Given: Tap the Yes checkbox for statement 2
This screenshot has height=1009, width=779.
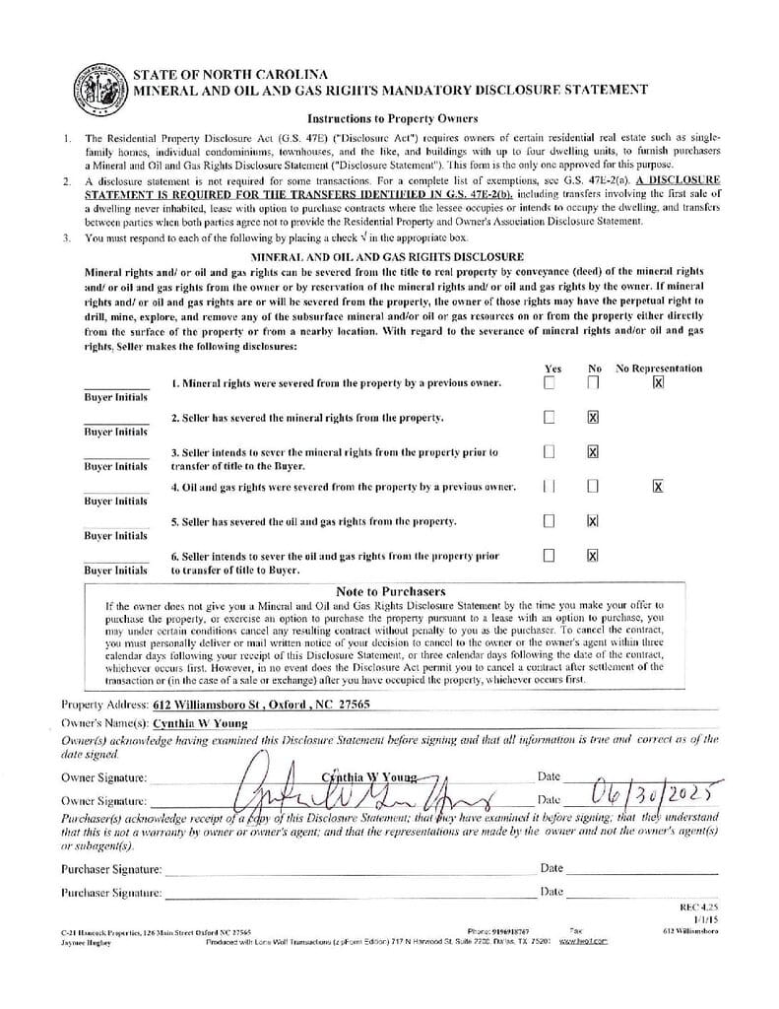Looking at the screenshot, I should [550, 418].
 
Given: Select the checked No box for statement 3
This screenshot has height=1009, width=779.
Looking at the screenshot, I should [593, 452].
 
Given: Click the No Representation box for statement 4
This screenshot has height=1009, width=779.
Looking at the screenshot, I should [658, 486].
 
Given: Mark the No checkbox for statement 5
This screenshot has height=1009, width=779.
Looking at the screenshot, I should [593, 520].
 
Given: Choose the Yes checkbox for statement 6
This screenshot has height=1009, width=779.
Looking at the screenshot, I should [550, 556].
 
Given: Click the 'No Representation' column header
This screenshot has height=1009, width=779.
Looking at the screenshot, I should [659, 369].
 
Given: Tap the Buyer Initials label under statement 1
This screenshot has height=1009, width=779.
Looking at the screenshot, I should [115, 397].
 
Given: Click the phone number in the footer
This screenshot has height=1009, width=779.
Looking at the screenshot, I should [512, 931].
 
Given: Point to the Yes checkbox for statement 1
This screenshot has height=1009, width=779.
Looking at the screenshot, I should [550, 382].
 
